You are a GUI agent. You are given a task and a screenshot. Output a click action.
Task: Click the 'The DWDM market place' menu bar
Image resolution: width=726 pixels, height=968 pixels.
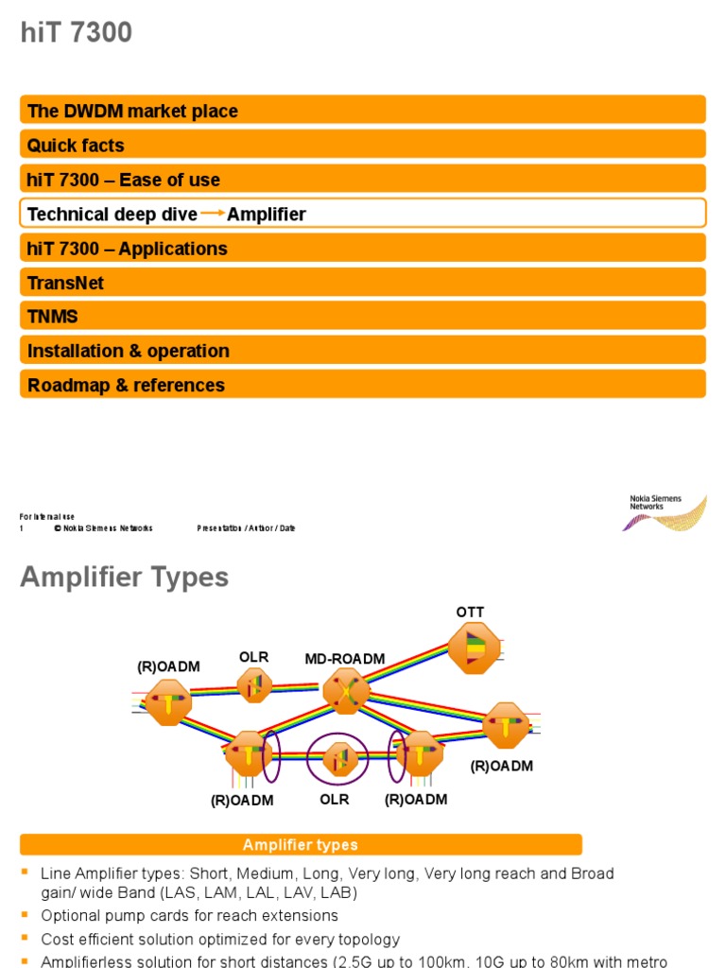tap(362, 111)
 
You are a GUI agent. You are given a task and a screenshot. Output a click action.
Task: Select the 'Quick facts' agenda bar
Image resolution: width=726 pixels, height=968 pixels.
tap(362, 145)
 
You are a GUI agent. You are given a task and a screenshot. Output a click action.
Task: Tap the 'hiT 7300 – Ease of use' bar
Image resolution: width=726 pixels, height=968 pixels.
tap(362, 180)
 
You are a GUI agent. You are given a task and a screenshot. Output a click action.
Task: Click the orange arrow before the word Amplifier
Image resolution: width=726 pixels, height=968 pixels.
tap(213, 214)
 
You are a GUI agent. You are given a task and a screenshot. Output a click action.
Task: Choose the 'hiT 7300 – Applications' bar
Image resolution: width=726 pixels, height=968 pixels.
tap(362, 249)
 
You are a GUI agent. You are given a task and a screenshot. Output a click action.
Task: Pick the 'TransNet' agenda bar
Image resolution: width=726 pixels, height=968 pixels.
tap(362, 283)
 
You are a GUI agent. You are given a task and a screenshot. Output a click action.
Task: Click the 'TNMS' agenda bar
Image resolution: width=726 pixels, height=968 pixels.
tap(362, 317)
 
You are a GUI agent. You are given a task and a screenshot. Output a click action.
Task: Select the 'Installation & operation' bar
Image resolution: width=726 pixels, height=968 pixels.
tap(362, 351)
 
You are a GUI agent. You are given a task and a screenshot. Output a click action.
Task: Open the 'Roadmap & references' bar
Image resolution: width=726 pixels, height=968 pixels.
tap(362, 385)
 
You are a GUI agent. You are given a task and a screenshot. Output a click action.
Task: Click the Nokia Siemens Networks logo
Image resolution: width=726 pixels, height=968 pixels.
tap(667, 511)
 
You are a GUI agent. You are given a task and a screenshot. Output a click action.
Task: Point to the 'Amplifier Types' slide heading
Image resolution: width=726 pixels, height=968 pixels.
tap(124, 577)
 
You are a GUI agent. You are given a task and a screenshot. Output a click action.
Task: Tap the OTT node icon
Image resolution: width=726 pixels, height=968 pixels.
tap(474, 648)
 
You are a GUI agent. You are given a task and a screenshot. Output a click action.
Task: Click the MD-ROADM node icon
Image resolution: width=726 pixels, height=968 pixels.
tap(346, 690)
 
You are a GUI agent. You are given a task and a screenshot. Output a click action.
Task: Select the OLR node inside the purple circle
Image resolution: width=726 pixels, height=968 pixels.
tap(338, 758)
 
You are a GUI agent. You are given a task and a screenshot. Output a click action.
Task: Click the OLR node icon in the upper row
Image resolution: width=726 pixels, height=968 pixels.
tap(254, 685)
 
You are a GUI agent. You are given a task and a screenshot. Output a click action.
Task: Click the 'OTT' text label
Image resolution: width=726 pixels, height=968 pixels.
tap(470, 614)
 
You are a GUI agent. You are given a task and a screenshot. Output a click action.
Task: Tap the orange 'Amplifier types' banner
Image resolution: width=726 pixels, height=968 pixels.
tap(301, 845)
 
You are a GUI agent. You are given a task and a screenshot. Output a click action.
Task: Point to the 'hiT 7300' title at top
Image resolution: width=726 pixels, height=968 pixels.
tap(77, 34)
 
